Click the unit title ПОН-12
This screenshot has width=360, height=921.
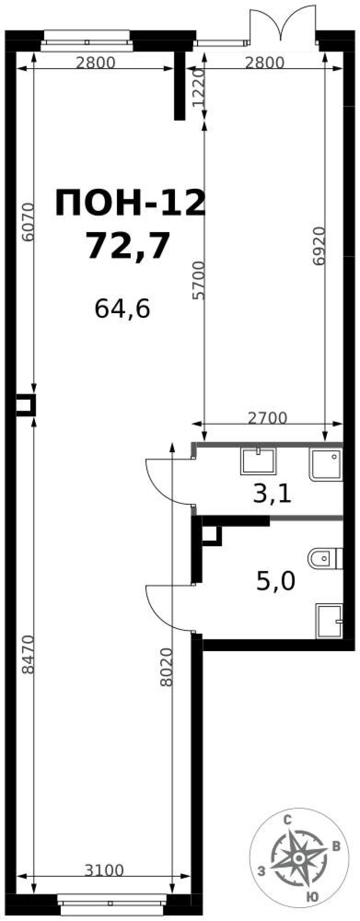pos(130,204)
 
